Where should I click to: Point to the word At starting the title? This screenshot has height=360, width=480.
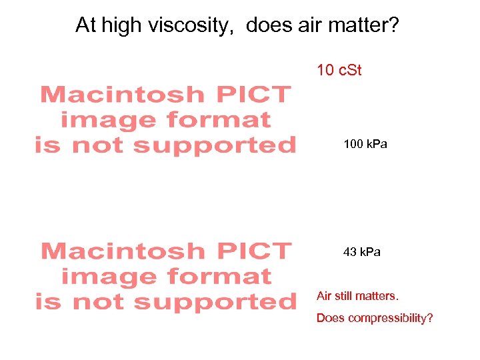pos(85,25)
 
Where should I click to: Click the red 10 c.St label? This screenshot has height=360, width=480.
pos(339,70)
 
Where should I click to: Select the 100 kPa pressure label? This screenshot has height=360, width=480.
pos(365,144)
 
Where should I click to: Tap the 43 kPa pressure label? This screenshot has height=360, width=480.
pos(362,252)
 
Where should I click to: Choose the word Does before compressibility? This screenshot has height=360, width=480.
pos(330,318)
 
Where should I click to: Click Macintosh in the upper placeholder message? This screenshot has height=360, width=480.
pos(121,95)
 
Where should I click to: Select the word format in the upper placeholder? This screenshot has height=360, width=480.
pos(219,120)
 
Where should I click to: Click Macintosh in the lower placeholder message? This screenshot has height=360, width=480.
pos(121,251)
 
